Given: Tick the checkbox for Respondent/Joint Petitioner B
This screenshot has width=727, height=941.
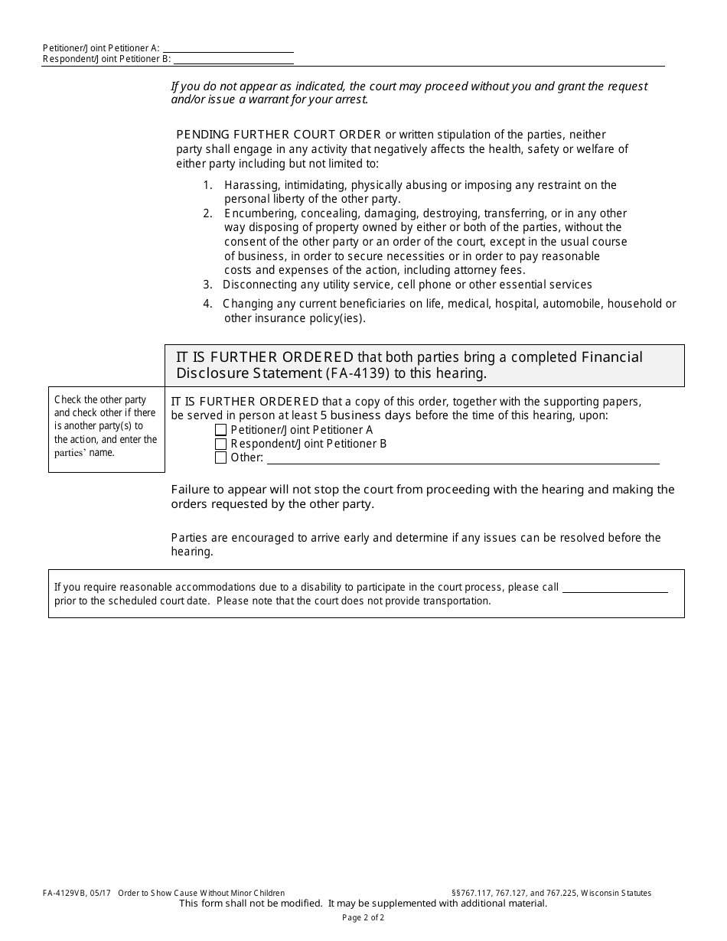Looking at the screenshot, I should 221,444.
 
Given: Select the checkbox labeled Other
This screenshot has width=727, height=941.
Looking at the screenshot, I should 221,458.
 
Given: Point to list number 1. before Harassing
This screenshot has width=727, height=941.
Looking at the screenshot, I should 207,185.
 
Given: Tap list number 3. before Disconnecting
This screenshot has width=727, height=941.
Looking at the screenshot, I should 207,285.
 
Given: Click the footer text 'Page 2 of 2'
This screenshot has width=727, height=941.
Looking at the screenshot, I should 363,917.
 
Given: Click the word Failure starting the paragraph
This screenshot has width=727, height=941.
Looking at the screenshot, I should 191,490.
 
